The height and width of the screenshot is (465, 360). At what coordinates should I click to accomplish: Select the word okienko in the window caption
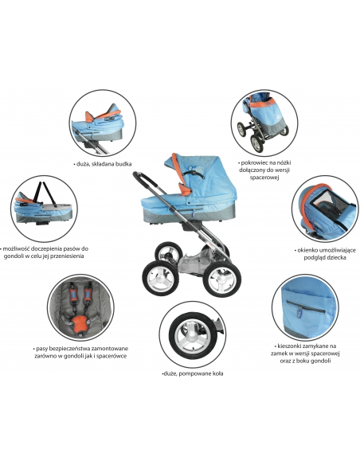[x=307, y=250]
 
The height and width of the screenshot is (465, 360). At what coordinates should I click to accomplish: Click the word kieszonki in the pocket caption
[x=287, y=346]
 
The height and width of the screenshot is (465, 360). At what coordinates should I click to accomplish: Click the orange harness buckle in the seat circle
[x=80, y=322]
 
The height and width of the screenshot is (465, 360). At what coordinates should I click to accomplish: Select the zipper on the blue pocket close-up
[x=305, y=306]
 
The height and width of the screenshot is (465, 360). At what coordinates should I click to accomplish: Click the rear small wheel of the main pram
[x=169, y=254]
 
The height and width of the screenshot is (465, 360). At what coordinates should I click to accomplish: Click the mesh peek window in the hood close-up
[x=327, y=203]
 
